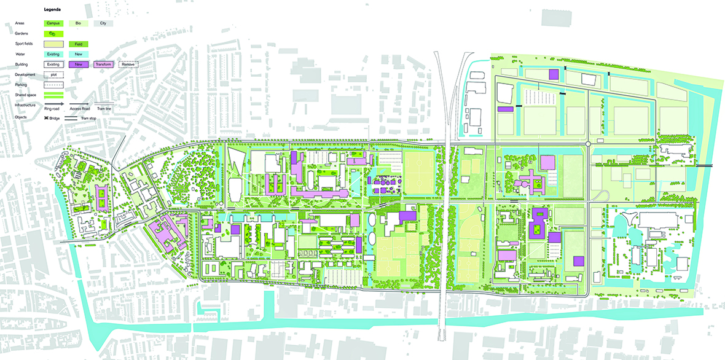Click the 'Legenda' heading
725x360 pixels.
click(52, 10)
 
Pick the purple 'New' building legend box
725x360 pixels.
click(79, 65)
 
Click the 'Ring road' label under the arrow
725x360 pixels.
click(52, 108)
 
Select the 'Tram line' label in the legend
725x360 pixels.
click(104, 108)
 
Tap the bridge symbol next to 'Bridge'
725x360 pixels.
click(47, 117)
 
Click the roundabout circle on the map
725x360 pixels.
click(587, 144)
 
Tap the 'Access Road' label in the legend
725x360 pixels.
click(79, 108)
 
